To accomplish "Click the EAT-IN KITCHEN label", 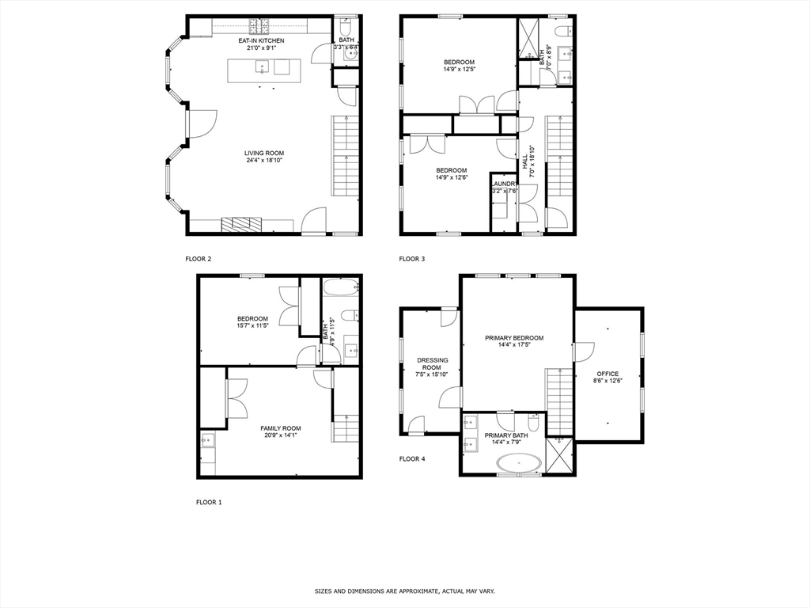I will [x=261, y=40].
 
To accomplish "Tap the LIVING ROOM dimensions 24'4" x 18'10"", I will [x=263, y=161].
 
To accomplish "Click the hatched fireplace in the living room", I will [x=242, y=225].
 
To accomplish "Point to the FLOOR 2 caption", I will [x=198, y=258].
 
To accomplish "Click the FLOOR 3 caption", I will [x=411, y=258].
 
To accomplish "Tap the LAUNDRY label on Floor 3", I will [x=504, y=184].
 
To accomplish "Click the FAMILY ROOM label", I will [x=281, y=428].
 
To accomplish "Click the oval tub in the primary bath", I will [x=519, y=464].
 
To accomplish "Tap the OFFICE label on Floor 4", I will [x=607, y=374].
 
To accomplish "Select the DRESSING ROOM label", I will [x=432, y=364].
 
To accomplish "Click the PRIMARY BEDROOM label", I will [x=514, y=337].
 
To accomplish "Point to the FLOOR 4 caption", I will [x=411, y=458].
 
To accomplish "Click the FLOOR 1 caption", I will [x=209, y=502].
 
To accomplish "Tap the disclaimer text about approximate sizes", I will [x=404, y=591].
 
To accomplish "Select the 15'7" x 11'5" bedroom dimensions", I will [x=252, y=326].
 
